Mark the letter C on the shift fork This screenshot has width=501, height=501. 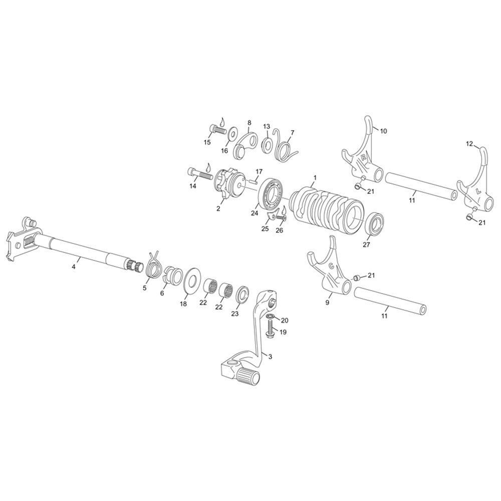point(332,266)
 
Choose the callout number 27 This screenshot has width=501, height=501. point(366,244)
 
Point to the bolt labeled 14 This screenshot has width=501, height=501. point(200,174)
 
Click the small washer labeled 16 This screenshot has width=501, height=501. point(232,134)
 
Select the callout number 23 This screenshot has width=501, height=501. point(235,314)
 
